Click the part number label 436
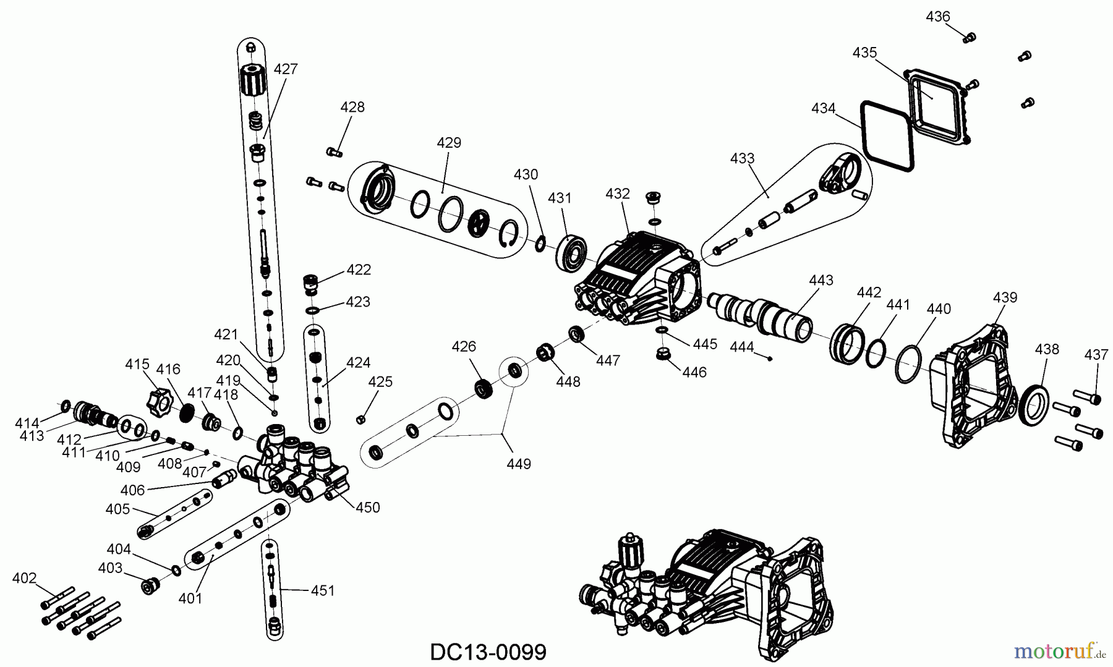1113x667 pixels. tap(937, 17)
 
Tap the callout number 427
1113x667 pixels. tap(286, 69)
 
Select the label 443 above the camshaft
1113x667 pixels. tap(821, 281)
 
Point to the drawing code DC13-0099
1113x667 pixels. tap(488, 652)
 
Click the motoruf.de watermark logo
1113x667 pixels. tap(1060, 650)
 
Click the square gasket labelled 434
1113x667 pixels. tap(886, 137)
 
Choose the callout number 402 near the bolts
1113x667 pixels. tap(25, 579)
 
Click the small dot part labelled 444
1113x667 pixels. tap(770, 358)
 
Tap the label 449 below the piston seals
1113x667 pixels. tap(518, 464)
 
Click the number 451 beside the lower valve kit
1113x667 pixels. tap(322, 591)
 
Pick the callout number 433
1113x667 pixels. tap(742, 158)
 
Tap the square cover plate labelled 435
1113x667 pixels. tap(936, 103)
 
